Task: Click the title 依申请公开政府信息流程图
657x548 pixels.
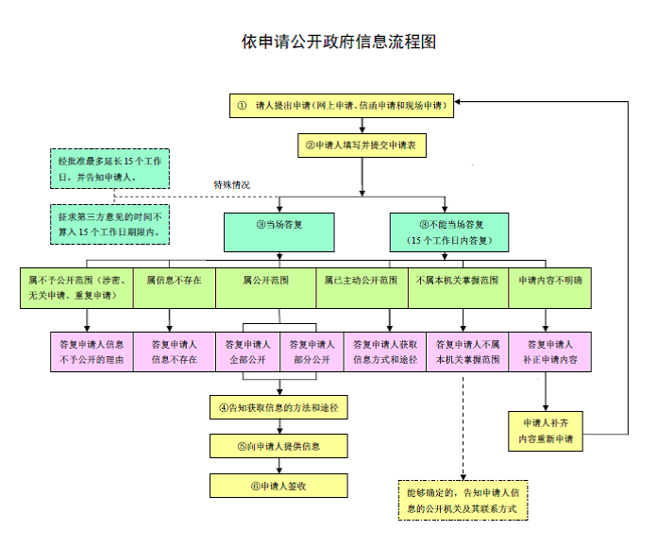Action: (x=338, y=43)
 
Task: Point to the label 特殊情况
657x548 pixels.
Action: (x=232, y=184)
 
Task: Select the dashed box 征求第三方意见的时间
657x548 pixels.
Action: (x=109, y=224)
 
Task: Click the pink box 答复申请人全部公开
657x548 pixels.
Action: (x=248, y=351)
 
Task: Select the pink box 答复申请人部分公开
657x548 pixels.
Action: (x=311, y=351)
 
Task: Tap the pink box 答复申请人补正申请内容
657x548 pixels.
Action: (x=550, y=351)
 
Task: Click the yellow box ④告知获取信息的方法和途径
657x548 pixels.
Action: (x=278, y=408)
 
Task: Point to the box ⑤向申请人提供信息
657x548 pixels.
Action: (x=278, y=446)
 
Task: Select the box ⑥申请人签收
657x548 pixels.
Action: (x=278, y=485)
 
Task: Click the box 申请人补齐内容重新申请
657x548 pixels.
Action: (x=545, y=431)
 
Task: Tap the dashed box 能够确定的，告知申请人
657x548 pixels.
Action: (x=463, y=501)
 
